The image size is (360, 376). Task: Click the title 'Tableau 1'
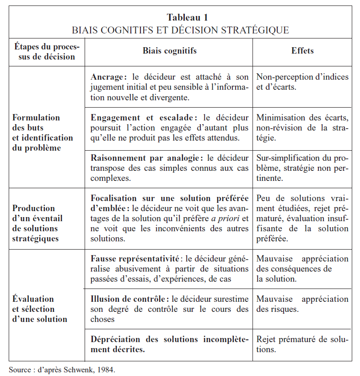[x=180, y=18]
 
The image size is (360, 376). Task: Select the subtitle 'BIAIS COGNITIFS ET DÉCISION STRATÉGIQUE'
[x=180, y=30]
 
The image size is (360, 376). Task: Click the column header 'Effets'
[x=302, y=51]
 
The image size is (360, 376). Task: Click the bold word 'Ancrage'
[x=107, y=77]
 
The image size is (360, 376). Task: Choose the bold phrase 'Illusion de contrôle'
[x=127, y=299]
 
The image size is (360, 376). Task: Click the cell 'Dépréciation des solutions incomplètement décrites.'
[x=169, y=344]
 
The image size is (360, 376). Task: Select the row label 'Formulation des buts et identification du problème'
[x=43, y=133]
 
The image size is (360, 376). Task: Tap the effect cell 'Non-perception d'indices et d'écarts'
[x=302, y=82]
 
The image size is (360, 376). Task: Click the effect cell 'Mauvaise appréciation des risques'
[x=302, y=304]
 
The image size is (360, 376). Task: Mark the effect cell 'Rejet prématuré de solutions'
[x=302, y=344]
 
